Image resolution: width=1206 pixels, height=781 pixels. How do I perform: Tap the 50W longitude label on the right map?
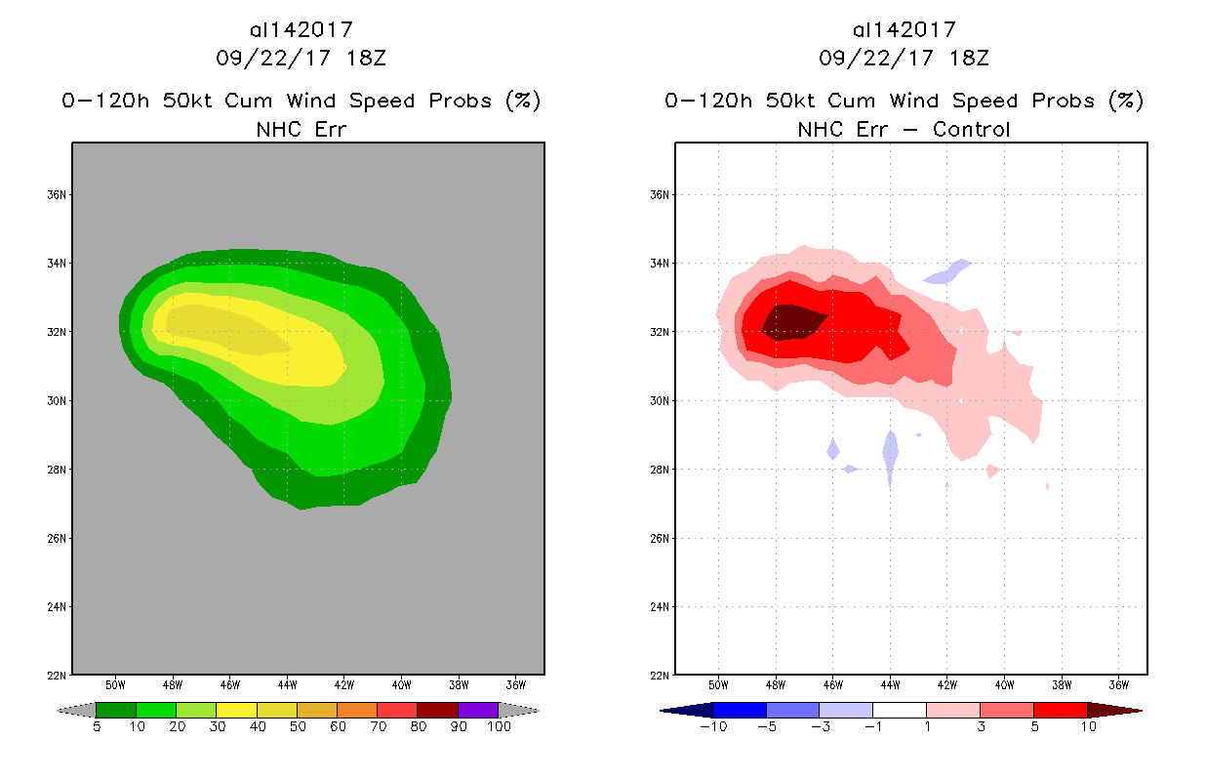[718, 683]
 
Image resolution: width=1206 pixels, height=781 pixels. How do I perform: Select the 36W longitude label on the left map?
[516, 683]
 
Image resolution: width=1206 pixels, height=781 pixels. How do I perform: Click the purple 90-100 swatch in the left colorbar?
[478, 710]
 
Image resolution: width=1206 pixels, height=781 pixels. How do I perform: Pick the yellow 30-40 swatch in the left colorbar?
[236, 710]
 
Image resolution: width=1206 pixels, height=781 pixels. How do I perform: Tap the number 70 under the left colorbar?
[378, 726]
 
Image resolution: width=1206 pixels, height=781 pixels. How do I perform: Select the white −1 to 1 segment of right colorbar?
[899, 710]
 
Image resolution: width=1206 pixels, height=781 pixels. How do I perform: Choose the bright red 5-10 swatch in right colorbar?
[1059, 710]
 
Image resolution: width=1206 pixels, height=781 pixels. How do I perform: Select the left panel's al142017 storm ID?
[301, 30]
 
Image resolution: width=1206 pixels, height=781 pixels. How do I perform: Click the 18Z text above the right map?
[971, 58]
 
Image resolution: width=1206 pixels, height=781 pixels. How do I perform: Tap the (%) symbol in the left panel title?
[523, 101]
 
